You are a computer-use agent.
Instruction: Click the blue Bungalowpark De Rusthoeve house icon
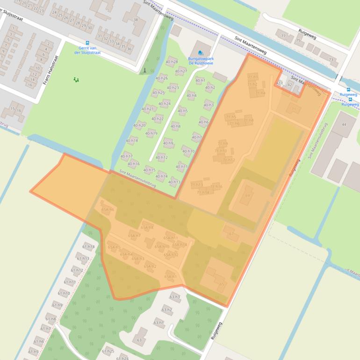201,52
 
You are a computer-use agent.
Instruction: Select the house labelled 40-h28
172,62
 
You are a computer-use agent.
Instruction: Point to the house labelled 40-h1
200,80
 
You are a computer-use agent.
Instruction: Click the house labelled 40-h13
174,182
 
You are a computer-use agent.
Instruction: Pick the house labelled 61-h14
88,246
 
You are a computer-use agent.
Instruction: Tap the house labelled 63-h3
174,296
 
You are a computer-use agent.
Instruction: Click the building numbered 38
135,19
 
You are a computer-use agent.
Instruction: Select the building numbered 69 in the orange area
248,196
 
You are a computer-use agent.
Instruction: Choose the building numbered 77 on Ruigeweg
283,36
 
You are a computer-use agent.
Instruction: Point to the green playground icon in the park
76,80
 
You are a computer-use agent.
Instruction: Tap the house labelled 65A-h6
108,209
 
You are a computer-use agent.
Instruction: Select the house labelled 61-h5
33,352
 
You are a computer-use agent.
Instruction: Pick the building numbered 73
331,59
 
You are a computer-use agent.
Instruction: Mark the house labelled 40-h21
148,109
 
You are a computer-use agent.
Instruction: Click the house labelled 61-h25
108,351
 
